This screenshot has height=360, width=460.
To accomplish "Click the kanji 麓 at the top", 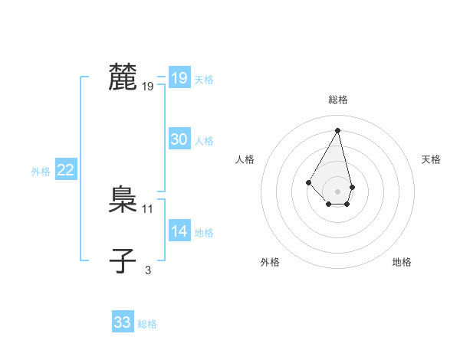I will (123, 78).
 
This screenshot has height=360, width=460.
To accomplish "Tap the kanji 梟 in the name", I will (123, 201).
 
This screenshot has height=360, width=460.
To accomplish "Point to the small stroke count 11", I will (148, 208).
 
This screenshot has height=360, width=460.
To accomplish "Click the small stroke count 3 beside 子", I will (148, 270).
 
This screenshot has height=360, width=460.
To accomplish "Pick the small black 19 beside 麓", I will (148, 87).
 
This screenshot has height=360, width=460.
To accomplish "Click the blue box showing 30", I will (179, 139).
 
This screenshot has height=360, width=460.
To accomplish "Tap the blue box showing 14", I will (179, 231).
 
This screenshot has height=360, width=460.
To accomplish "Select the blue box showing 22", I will (65, 170).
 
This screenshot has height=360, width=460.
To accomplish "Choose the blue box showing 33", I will (122, 322).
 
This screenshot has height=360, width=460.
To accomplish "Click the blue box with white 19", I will (179, 78).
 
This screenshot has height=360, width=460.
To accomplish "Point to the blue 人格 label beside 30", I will (204, 141).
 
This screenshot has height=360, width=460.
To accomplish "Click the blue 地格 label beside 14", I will (204, 233).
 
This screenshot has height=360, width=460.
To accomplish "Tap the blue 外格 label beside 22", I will (41, 172).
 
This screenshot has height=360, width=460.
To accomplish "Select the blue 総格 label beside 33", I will (147, 324).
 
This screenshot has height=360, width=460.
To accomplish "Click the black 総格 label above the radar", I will (338, 100).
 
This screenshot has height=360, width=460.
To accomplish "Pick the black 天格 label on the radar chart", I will (432, 159).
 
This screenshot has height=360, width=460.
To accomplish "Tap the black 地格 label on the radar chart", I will (402, 262).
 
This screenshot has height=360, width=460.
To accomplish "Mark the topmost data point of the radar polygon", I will (338, 130).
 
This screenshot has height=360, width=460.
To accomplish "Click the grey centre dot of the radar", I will (338, 191).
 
